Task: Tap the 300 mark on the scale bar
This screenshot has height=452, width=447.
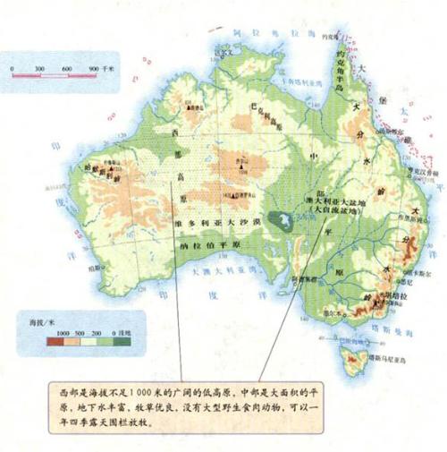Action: [x=39, y=69]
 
